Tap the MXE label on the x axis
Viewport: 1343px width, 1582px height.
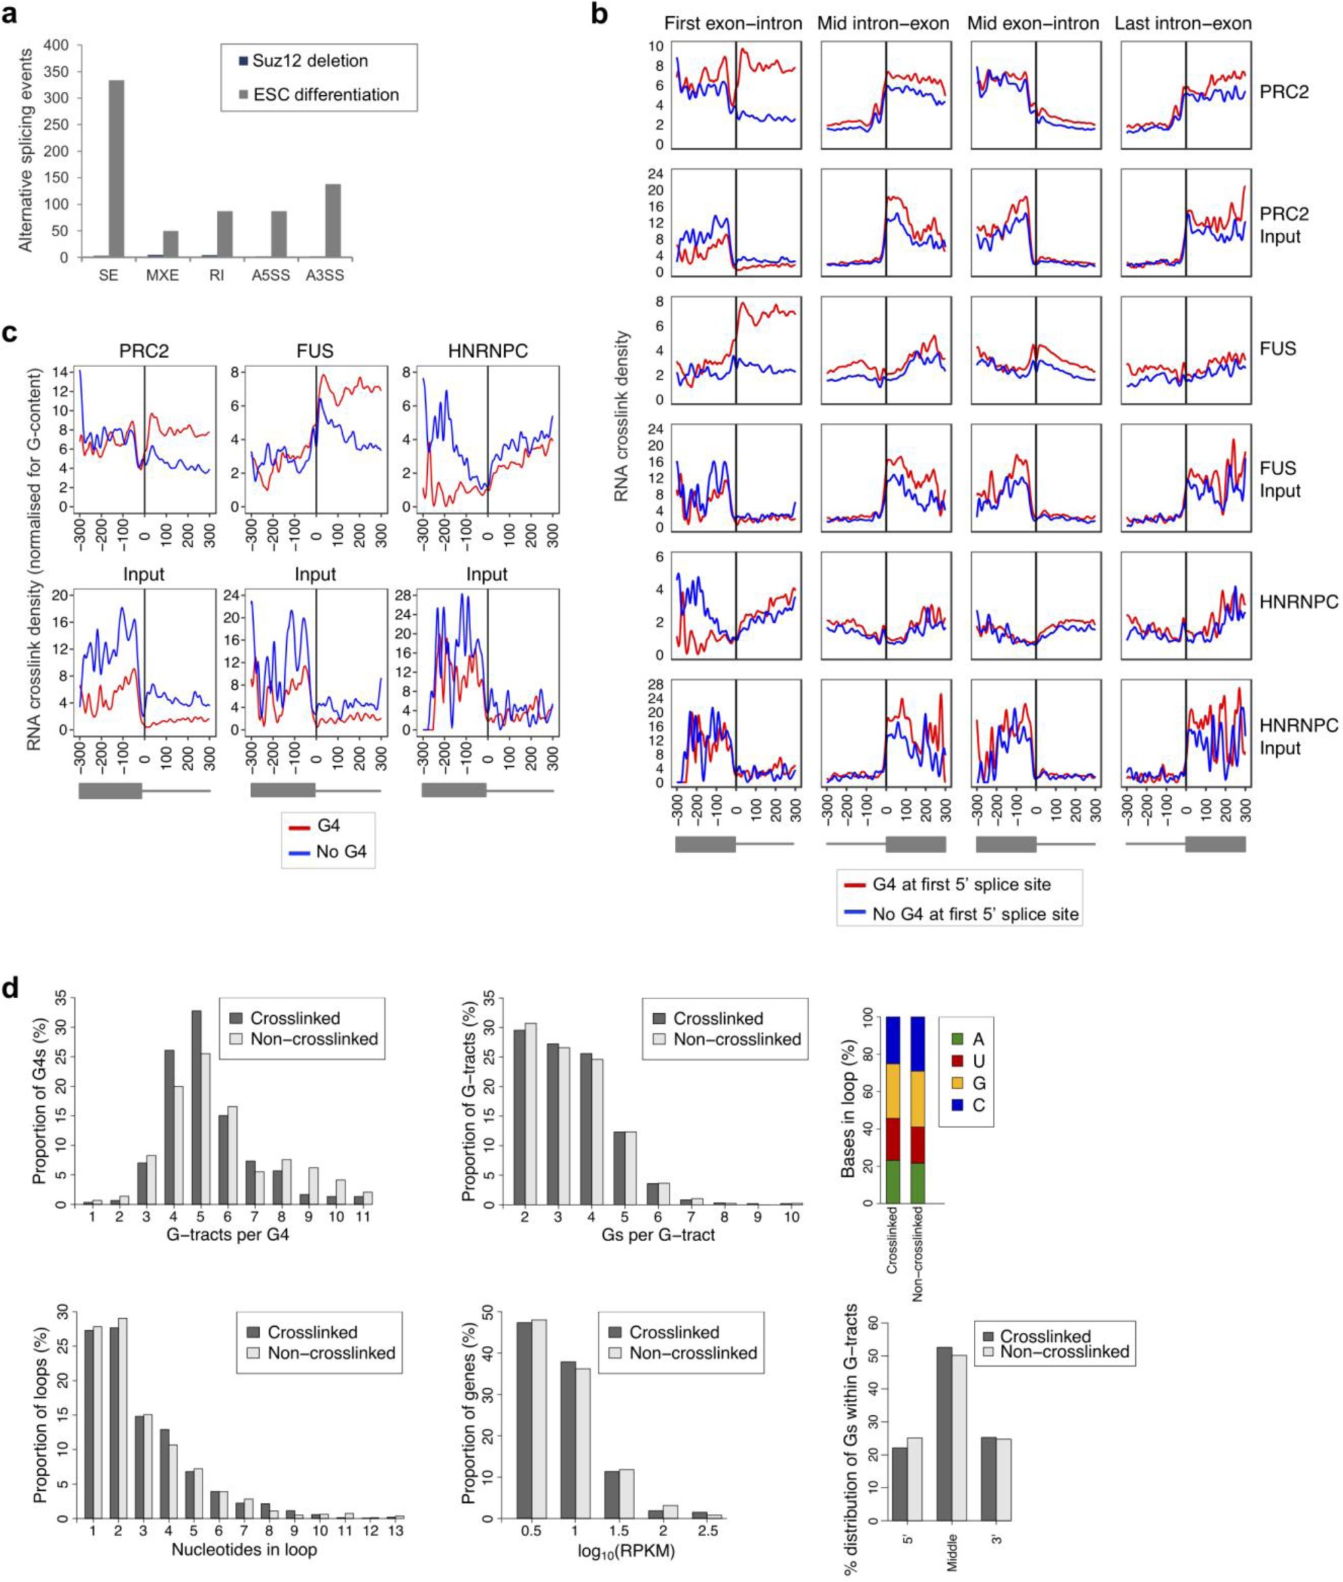(162, 275)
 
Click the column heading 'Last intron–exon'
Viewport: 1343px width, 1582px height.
(1183, 24)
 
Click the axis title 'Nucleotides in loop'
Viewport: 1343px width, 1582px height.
(244, 1548)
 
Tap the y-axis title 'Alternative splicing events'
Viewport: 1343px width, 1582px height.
(25, 150)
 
